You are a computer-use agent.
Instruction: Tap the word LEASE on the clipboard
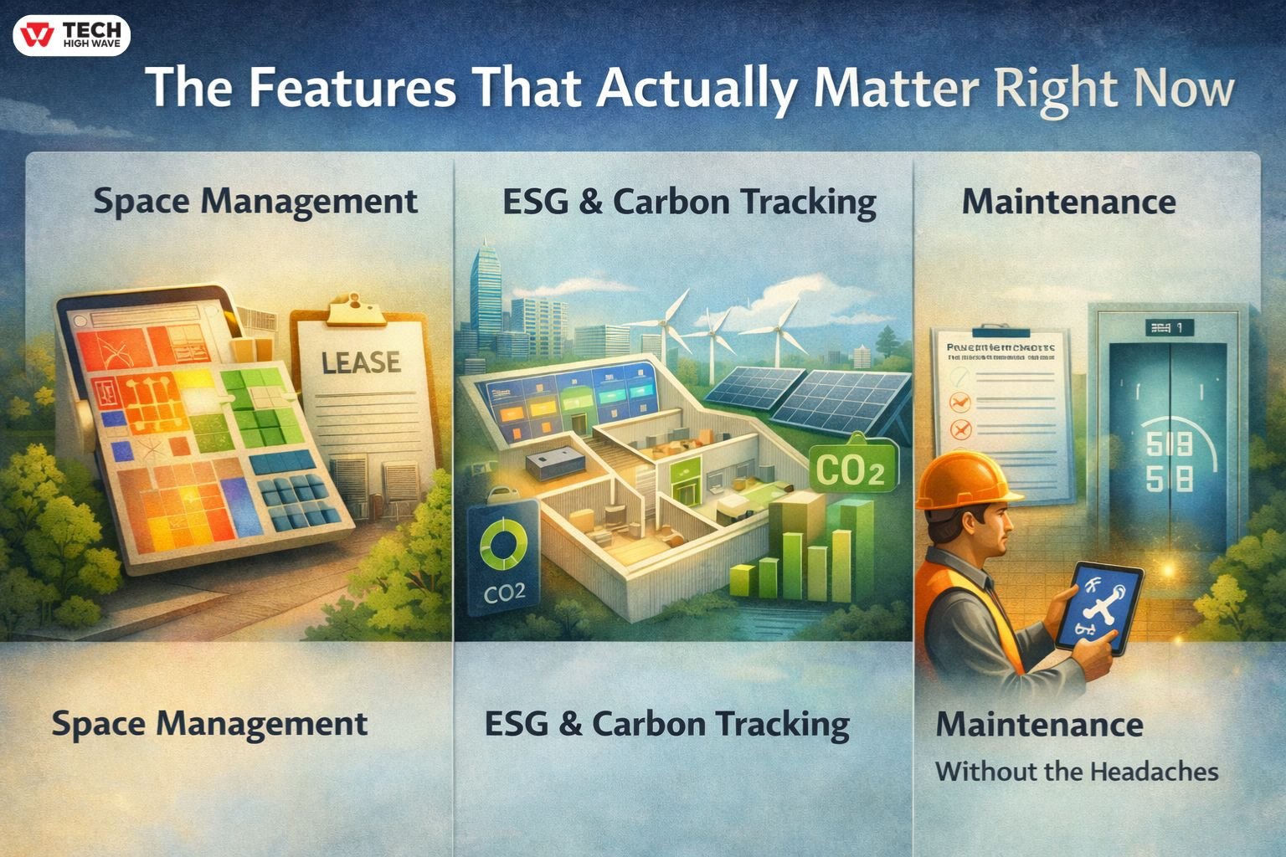361,362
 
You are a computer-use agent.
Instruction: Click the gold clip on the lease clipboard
357,310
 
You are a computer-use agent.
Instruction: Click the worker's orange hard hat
964,480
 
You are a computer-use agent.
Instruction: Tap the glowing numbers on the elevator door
1169,461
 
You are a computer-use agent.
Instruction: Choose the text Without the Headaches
1077,771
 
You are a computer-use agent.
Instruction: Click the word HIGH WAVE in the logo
91,44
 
